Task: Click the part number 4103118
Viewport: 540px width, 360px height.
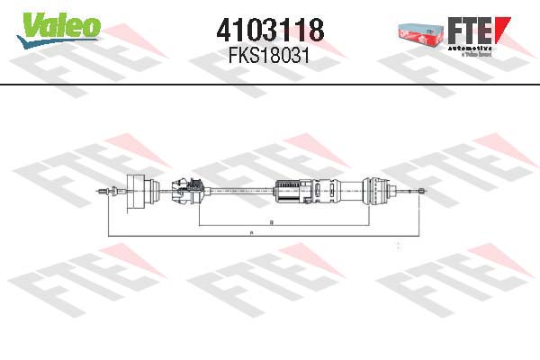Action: pyautogui.click(x=270, y=31)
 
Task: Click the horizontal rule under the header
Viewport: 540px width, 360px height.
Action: pyautogui.click(x=270, y=85)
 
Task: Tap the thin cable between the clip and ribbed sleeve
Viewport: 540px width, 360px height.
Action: pyautogui.click(x=238, y=189)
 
